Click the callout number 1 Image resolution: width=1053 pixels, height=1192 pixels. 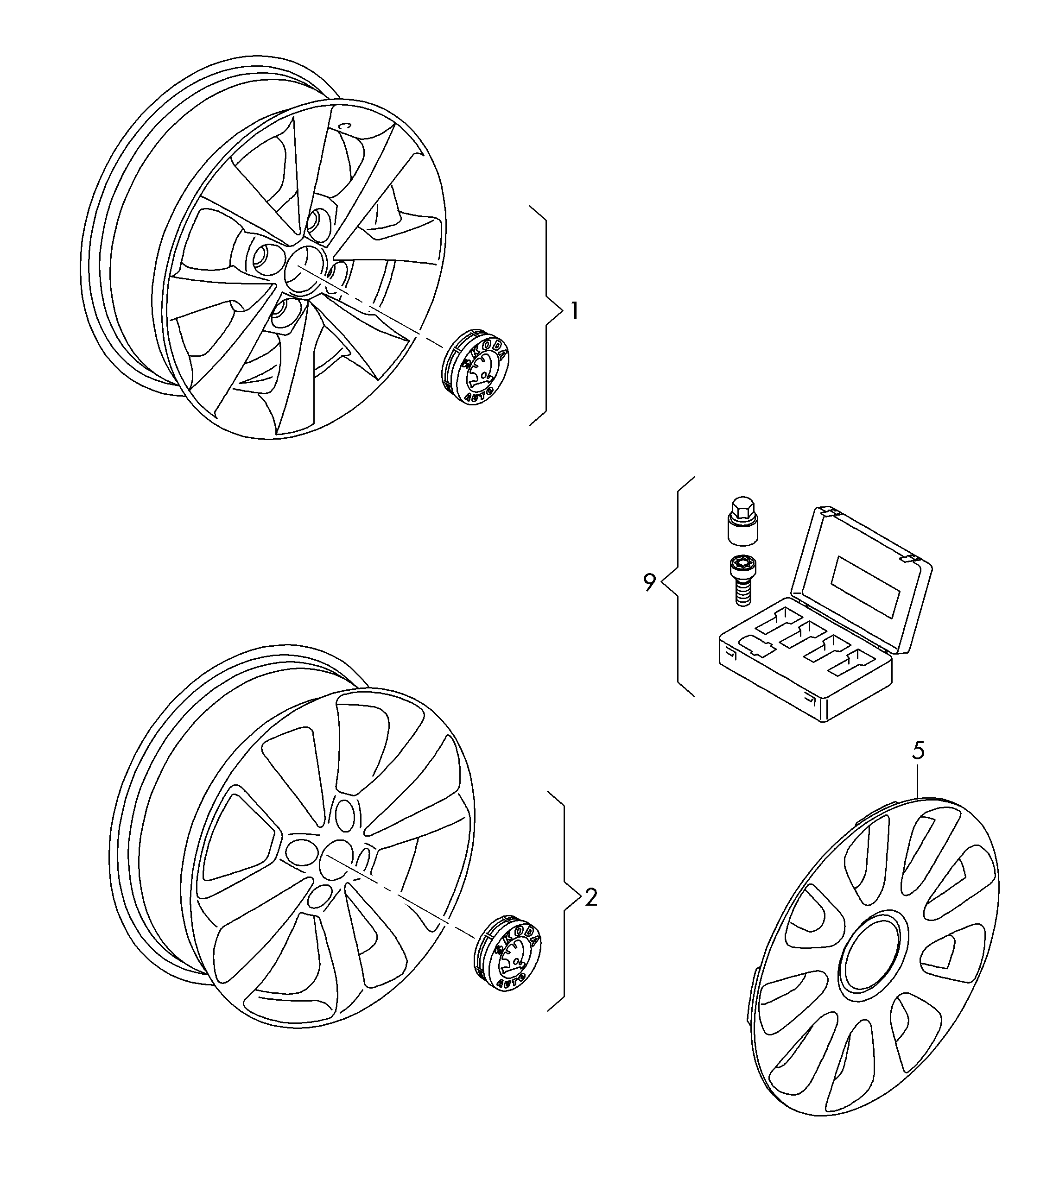point(575,311)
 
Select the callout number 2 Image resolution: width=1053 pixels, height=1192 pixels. point(591,897)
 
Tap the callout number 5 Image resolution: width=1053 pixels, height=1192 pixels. point(918,751)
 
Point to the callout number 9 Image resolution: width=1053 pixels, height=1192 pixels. point(649,583)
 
